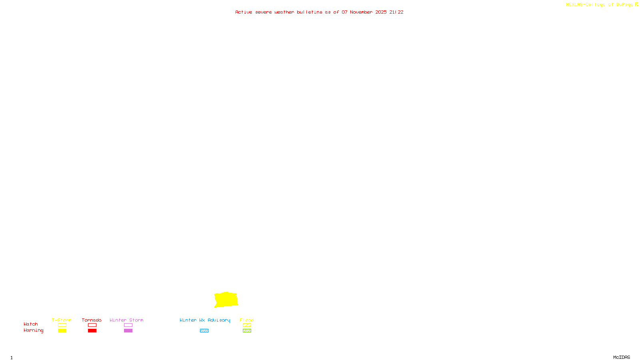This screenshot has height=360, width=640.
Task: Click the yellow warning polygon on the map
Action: [226, 300]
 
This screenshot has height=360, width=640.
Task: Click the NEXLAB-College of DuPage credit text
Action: [599, 5]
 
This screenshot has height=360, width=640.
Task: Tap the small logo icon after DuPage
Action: [636, 4]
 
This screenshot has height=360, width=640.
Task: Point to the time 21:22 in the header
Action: [396, 12]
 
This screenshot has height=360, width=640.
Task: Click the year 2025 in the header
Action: [381, 12]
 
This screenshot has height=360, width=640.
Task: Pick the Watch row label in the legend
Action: [31, 324]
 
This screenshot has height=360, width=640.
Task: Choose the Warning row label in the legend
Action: [34, 330]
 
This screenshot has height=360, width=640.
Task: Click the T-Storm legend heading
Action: [62, 320]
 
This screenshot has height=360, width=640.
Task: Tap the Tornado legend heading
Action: [92, 320]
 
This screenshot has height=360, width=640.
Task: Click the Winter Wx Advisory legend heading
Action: [205, 320]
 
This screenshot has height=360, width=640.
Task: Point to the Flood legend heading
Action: [247, 320]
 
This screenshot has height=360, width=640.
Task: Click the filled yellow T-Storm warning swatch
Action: [62, 331]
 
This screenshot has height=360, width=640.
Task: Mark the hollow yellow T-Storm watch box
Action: [62, 325]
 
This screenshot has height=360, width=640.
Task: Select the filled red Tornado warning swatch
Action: [92, 331]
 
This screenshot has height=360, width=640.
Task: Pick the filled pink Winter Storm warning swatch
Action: [128, 331]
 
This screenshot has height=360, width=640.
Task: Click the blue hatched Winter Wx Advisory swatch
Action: [204, 331]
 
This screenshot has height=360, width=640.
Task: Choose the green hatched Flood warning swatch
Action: [247, 331]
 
